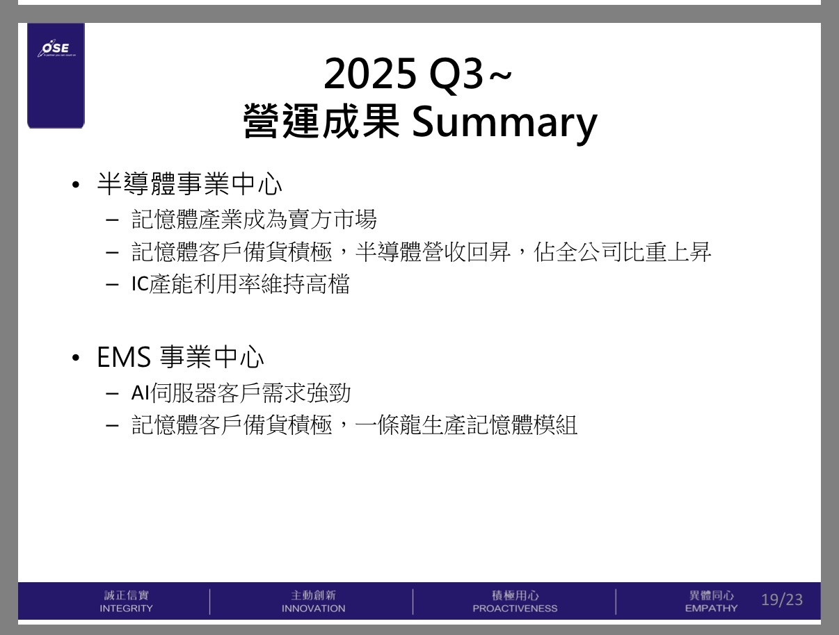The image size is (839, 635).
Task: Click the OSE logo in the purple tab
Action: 56,49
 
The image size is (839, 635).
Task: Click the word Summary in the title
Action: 504,122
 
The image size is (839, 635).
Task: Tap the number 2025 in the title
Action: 370,73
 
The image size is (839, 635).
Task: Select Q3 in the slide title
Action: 456,74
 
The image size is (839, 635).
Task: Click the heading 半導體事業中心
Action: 190,184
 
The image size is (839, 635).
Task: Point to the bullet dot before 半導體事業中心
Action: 76,185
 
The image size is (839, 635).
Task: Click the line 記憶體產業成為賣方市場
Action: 254,219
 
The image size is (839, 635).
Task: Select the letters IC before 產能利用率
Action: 140,283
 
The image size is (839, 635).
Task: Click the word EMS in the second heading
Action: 124,357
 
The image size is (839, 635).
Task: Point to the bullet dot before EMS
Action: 76,358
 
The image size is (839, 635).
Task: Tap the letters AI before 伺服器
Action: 141,393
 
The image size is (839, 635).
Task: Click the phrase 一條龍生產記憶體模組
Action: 466,424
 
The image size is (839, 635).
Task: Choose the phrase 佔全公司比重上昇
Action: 622,252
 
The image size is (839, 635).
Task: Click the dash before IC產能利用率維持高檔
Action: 112,285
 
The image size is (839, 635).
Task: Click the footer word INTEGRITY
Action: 126,609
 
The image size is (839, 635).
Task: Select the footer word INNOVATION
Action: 314,609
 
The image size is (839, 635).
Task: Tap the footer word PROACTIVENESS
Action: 515,609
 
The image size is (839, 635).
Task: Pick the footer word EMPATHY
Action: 711,609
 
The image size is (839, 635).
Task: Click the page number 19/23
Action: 782,600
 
